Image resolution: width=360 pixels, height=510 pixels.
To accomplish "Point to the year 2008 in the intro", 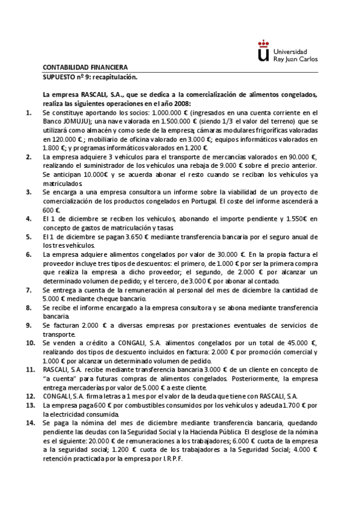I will [x=183, y=103].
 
